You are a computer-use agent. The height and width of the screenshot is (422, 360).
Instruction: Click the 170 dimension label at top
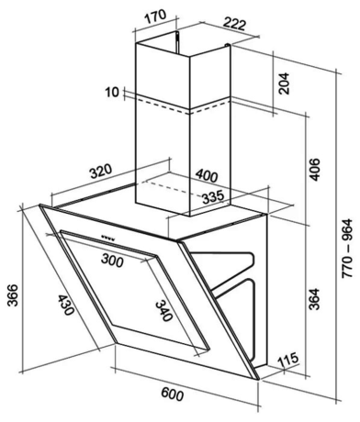pos(156,15)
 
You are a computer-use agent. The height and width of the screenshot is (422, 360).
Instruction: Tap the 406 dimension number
pos(313,170)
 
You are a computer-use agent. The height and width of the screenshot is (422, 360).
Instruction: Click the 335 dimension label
pos(212,195)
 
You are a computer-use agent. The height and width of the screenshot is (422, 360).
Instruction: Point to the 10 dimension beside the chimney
pos(112,92)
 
